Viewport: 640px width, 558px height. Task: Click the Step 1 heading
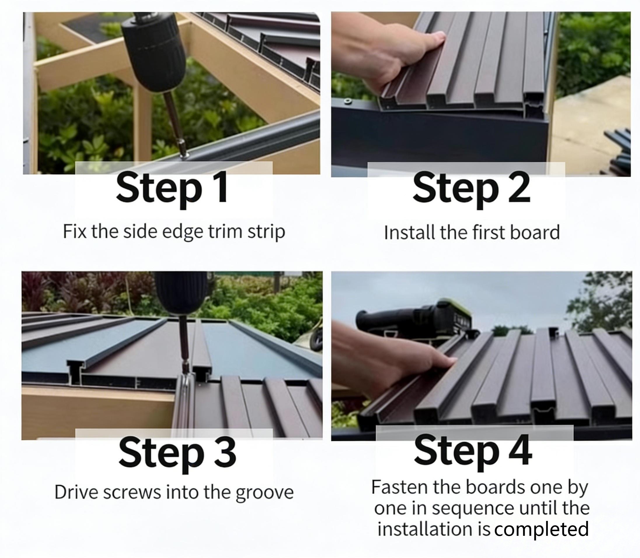(x=171, y=189)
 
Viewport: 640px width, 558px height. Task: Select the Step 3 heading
(x=177, y=452)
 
